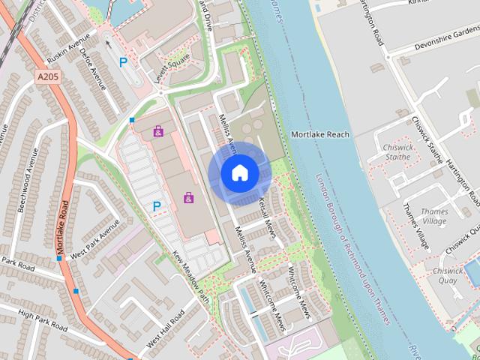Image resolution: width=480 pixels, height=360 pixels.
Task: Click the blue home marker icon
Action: click(x=240, y=172)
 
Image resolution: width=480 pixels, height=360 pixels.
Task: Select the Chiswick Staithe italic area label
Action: click(x=397, y=153)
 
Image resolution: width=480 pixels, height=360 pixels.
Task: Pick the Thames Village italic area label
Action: click(x=433, y=217)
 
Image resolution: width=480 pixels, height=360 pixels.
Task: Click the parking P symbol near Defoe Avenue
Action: click(x=122, y=62)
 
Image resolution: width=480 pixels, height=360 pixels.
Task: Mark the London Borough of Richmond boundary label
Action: click(x=353, y=249)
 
